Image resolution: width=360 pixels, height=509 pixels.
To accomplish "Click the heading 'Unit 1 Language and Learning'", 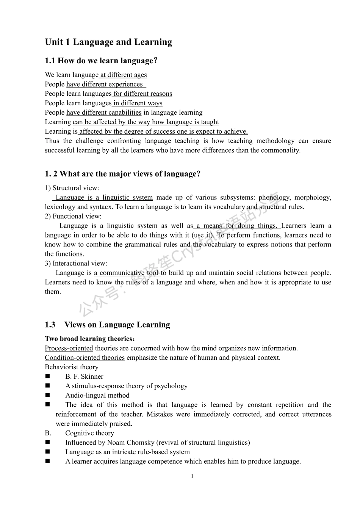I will [x=108, y=42].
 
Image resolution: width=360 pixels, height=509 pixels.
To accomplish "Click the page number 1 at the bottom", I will [x=192, y=476].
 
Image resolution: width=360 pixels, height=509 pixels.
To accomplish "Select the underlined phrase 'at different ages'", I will [x=124, y=75].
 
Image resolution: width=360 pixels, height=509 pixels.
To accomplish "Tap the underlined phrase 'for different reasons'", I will [x=142, y=94].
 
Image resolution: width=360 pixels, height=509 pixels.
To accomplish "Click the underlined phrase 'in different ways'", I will [x=138, y=103].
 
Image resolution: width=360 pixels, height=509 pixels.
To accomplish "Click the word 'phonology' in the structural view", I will [x=274, y=197].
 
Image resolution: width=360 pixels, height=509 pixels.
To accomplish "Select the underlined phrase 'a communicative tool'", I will [x=127, y=273].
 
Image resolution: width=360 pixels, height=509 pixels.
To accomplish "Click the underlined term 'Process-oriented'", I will [x=69, y=348].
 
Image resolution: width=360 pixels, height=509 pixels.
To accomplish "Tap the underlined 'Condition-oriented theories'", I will [x=85, y=358].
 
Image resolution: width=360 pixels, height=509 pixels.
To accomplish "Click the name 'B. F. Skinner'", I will [x=84, y=377].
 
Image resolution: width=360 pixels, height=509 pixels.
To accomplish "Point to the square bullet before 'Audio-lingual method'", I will [x=47, y=395].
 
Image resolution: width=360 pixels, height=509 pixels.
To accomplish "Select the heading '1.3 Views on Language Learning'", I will [x=108, y=325].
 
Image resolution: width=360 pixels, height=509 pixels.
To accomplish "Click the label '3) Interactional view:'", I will [x=76, y=264].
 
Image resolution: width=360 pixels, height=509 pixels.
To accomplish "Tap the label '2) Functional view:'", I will [x=73, y=216].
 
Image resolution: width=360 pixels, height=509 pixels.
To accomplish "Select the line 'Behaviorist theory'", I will [x=72, y=367].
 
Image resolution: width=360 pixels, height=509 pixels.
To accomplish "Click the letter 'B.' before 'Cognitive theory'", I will [x=48, y=433].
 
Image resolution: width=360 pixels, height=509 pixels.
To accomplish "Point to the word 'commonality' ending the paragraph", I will [x=282, y=150].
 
